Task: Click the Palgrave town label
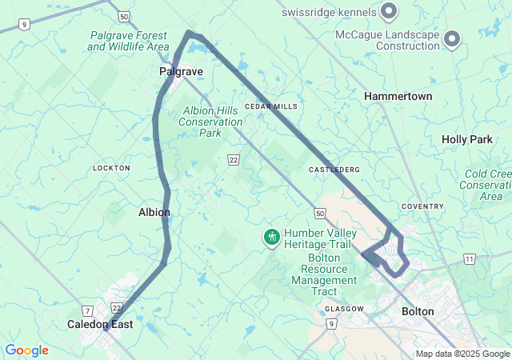point(181,72)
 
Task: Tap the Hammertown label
point(398,96)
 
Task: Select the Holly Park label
point(467,139)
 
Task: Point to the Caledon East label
point(100,325)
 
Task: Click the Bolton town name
point(418,311)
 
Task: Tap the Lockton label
point(111,168)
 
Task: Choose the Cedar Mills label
point(271,106)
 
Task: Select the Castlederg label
point(334,170)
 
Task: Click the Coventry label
point(422,206)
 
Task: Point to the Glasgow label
point(346,309)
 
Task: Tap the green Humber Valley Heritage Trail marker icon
point(272,237)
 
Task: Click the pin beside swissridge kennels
point(389,11)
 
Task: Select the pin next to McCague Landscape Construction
point(452,38)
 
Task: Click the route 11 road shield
point(468,259)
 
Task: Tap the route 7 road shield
point(87,310)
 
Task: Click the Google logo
point(26,350)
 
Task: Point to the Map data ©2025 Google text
point(462,354)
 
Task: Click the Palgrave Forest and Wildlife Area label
point(128,41)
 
